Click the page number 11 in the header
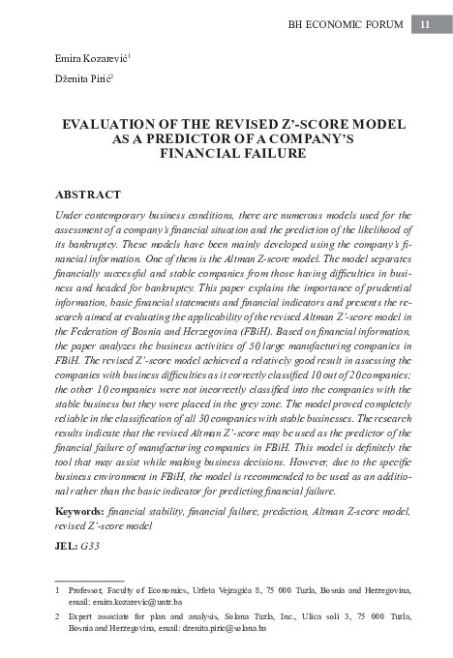(x=425, y=25)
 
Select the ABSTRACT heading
(x=88, y=194)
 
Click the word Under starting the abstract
(x=71, y=215)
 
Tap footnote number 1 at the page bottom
(x=57, y=589)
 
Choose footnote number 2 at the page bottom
(x=57, y=615)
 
